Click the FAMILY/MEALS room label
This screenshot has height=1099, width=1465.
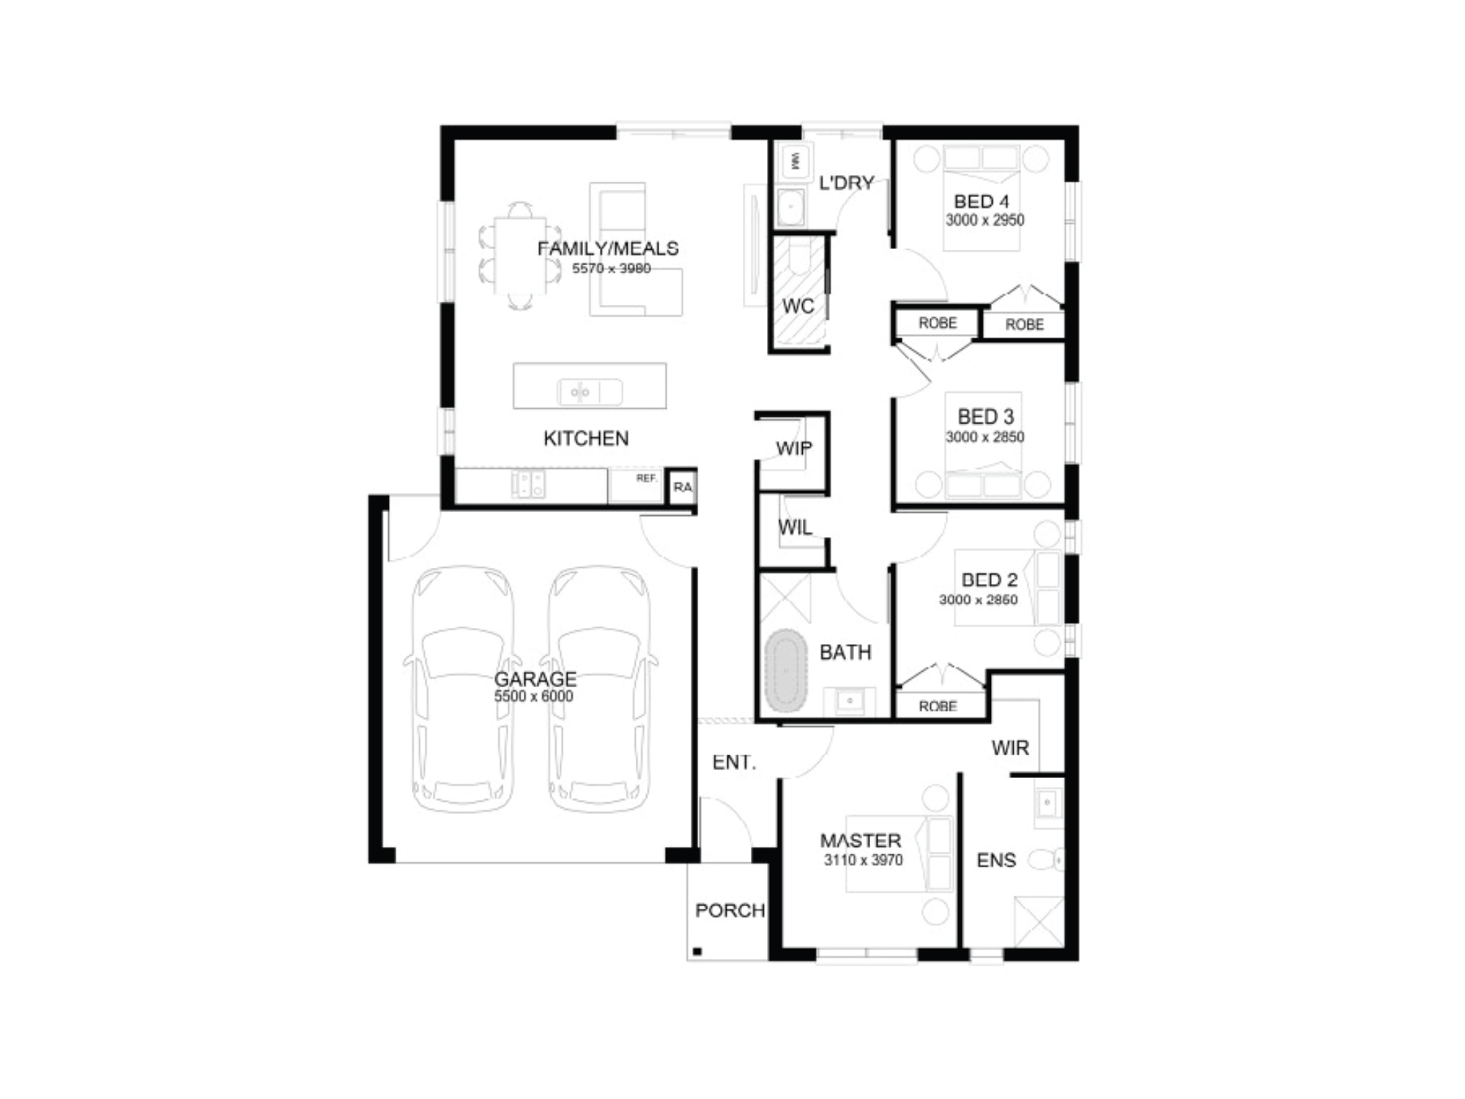point(608,248)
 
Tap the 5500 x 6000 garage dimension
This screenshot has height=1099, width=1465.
point(533,696)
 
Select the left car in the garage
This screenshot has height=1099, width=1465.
point(463,689)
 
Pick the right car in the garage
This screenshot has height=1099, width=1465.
point(598,689)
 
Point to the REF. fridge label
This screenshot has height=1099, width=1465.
point(646,478)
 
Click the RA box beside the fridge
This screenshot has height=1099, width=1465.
point(682,486)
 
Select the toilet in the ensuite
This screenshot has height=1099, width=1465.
point(1046,859)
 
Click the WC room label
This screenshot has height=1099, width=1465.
point(798,306)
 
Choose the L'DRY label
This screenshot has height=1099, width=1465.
point(846,182)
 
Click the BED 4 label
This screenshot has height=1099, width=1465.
point(982,201)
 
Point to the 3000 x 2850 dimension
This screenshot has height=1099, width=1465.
point(984,437)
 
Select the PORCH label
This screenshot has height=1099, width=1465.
point(730,910)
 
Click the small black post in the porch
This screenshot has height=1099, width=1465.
point(697,952)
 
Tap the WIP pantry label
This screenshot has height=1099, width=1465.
point(794,448)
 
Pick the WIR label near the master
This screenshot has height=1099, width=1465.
point(1010,747)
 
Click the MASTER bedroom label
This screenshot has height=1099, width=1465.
point(861,840)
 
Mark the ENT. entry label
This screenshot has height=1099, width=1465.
point(734,762)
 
